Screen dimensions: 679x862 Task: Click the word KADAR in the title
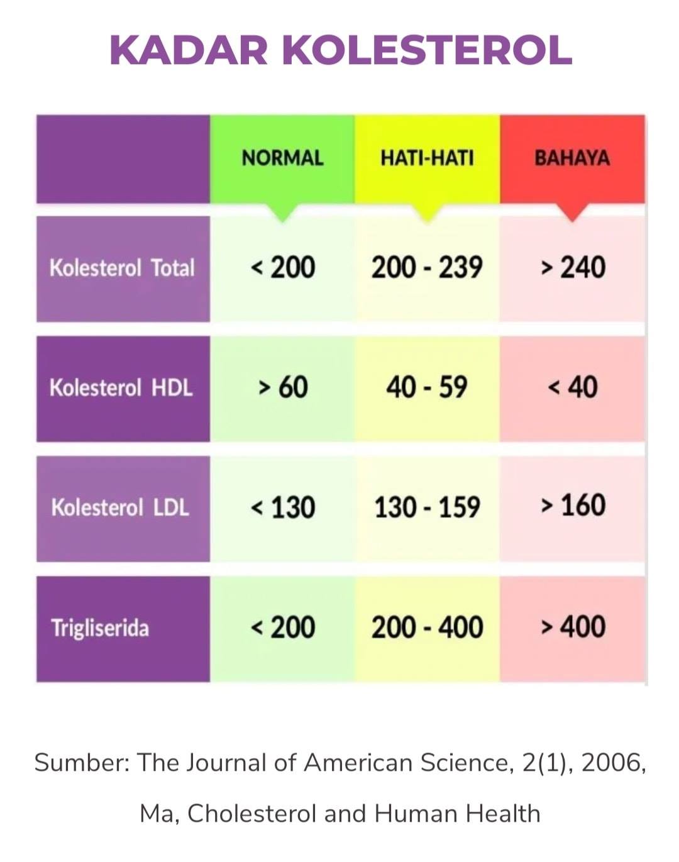[x=189, y=50]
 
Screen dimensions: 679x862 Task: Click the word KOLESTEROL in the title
[x=427, y=50]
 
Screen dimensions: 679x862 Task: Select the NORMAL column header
[x=282, y=158]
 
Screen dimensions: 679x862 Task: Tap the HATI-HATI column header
[x=427, y=158]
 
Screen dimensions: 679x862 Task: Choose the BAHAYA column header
[x=572, y=158]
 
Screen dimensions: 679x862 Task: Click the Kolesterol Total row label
[x=122, y=268]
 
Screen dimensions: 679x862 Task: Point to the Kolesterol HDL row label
[x=121, y=388]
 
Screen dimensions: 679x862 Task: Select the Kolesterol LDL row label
[x=120, y=507]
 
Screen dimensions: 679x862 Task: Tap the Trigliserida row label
[x=100, y=627]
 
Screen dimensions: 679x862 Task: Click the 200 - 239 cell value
[x=427, y=268]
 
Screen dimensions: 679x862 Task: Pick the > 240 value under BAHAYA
[x=573, y=268]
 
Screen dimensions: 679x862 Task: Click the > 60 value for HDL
[x=283, y=387]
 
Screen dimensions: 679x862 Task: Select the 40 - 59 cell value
[x=427, y=387]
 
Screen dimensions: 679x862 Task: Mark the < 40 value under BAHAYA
[x=573, y=387]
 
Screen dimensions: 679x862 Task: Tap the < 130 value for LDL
[x=283, y=507]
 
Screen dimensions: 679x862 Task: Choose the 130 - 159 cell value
[x=427, y=507]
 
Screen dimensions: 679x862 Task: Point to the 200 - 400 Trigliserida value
[x=427, y=627]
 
